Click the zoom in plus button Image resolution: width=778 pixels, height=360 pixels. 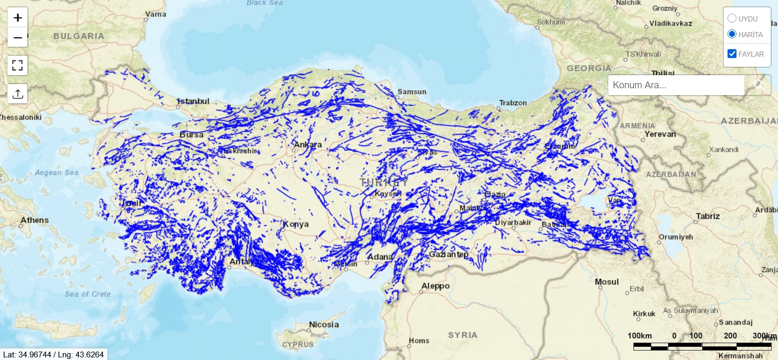point(17,17)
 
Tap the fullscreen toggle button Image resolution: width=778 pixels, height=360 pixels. point(17,66)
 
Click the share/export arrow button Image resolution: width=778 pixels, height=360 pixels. point(17,94)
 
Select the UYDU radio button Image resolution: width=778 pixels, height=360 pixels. point(732,18)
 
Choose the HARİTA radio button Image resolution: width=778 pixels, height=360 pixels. point(732,34)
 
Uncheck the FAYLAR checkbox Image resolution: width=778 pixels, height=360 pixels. point(732,54)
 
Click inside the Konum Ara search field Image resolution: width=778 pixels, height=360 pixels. point(675,85)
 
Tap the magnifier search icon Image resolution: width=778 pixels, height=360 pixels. point(758,85)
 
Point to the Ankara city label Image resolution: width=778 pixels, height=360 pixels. point(308,145)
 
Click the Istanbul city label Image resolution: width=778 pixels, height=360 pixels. point(193,101)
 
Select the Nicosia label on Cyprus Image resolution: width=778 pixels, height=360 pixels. point(324,324)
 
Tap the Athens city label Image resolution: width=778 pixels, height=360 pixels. point(35,220)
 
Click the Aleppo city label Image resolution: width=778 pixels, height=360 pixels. point(435,286)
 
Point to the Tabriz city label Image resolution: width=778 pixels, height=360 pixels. point(708,216)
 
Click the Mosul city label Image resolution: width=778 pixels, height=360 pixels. point(607,282)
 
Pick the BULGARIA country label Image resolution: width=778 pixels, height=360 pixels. point(79,36)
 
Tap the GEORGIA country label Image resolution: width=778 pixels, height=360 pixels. point(589,68)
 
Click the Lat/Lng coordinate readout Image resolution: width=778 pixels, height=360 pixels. point(54,355)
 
